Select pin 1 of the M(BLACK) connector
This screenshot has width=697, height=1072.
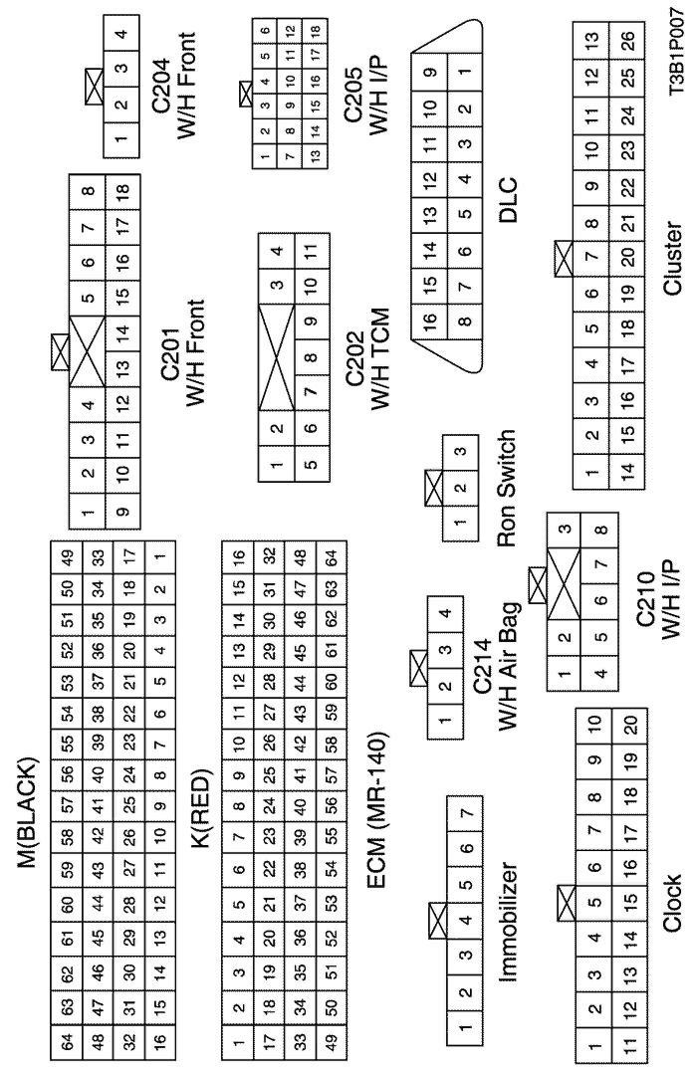tap(159, 556)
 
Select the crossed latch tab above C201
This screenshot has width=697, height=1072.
tap(60, 351)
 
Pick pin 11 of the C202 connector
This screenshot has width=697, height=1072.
tap(312, 251)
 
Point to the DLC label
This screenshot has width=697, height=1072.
tap(508, 200)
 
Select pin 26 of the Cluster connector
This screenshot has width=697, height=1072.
tap(627, 39)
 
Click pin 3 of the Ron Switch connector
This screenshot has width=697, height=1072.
tap(461, 452)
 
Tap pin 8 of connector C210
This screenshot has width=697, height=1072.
tap(600, 530)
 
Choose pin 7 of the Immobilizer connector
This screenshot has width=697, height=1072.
tap(466, 813)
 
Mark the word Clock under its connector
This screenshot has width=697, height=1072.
tap(672, 902)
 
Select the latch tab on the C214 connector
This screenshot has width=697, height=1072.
tap(418, 668)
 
